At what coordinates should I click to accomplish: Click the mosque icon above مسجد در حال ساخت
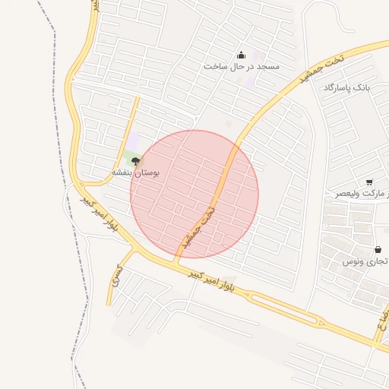[242, 55]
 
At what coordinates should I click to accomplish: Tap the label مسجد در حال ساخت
[242, 67]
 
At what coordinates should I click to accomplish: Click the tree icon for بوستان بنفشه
[136, 160]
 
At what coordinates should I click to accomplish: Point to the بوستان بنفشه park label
[136, 172]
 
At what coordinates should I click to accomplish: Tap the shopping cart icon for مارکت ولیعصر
[369, 182]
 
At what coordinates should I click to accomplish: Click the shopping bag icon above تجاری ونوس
[378, 249]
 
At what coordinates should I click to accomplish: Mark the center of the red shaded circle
[194, 194]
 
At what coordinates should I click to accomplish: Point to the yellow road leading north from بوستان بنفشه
[131, 122]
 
